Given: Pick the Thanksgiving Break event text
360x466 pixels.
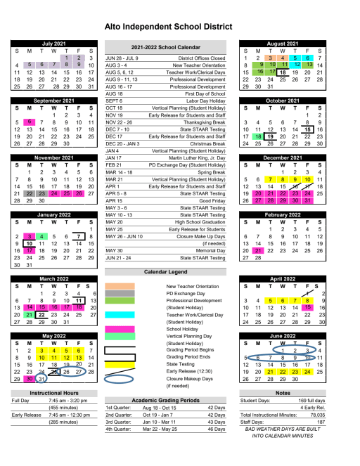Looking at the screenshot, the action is click(x=204, y=122).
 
